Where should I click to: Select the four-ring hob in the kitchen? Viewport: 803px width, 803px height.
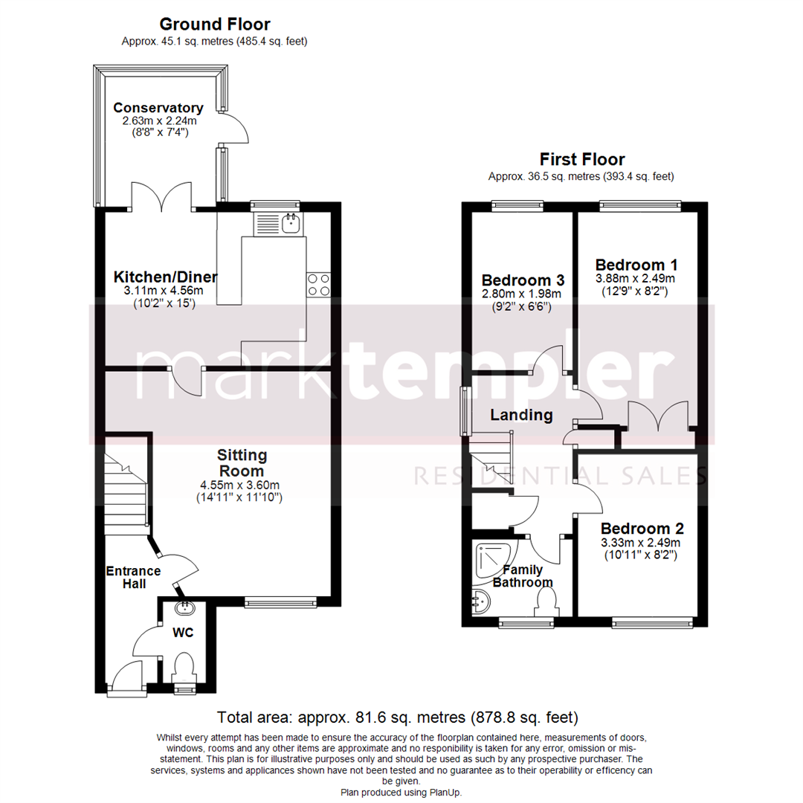coord(318,285)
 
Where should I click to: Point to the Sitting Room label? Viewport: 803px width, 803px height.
coord(242,462)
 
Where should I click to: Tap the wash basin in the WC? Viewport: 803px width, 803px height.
coord(184,608)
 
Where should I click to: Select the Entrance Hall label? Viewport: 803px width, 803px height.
coord(133,577)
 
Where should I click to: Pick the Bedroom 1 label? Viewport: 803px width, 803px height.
coord(636,265)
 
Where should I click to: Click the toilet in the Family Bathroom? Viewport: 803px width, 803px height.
coord(546,600)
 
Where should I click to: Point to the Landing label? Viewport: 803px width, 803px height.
coord(521,415)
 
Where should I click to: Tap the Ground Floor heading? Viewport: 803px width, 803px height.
coord(215,25)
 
